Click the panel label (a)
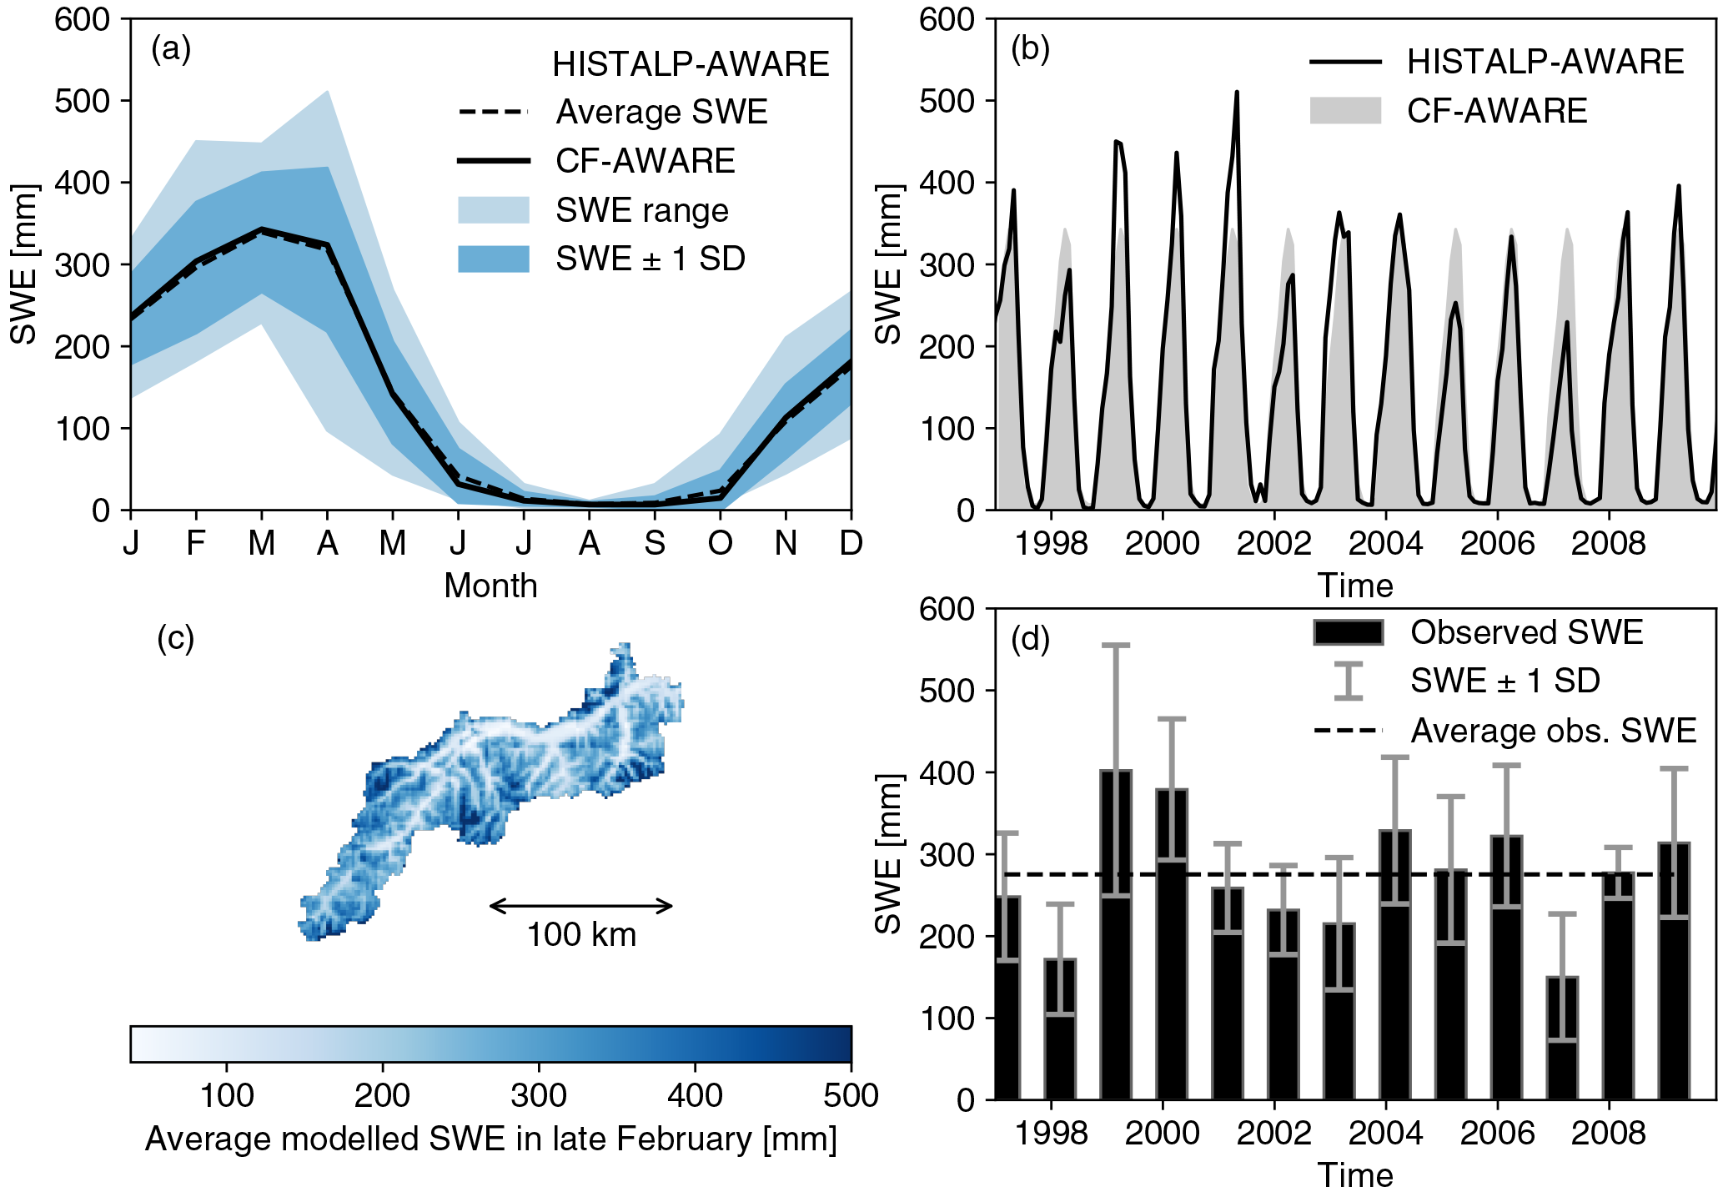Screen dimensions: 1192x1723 point(171,50)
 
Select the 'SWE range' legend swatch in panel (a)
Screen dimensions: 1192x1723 point(493,210)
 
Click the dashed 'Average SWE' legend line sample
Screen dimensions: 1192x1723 point(493,112)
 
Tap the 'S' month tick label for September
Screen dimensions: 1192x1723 point(655,544)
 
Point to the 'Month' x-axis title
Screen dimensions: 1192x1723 point(490,586)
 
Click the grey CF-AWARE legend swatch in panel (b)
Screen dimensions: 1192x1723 point(1344,111)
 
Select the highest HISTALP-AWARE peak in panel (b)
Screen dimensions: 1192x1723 point(1237,93)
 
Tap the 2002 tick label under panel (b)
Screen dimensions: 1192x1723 point(1273,544)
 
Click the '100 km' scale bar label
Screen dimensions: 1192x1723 point(581,935)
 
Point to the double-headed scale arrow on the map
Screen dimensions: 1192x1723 point(581,906)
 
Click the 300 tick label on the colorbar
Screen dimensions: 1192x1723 point(539,1095)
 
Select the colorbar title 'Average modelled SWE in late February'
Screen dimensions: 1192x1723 point(490,1139)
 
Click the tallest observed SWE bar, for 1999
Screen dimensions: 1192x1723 point(1116,934)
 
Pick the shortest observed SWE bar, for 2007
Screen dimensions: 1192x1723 point(1562,1038)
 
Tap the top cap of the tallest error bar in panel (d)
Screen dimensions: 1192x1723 point(1116,645)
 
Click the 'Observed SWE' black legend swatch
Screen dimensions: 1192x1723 point(1348,632)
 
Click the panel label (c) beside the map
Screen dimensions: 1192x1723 point(175,639)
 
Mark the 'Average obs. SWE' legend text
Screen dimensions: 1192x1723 point(1553,731)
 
